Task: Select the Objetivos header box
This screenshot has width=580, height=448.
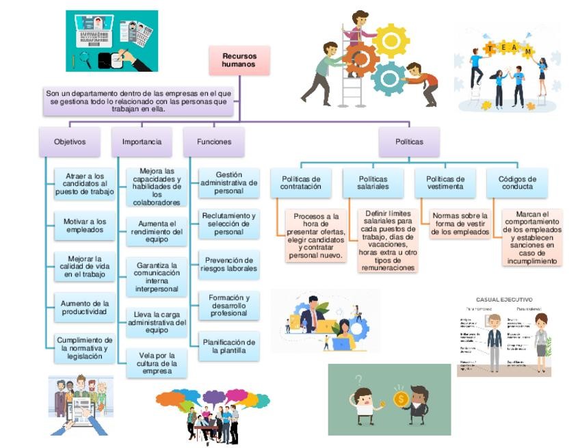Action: click(69, 142)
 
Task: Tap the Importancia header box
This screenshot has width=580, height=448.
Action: click(142, 142)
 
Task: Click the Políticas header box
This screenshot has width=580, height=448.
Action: click(409, 142)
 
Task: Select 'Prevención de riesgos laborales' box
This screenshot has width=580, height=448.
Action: click(228, 265)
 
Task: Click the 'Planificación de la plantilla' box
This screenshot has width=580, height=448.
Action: click(228, 347)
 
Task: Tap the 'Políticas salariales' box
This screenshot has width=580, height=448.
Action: click(373, 183)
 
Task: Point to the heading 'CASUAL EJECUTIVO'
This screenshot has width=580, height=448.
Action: click(504, 299)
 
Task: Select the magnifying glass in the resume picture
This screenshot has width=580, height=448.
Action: click(85, 59)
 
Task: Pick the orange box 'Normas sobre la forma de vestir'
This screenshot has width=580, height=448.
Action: click(460, 224)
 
